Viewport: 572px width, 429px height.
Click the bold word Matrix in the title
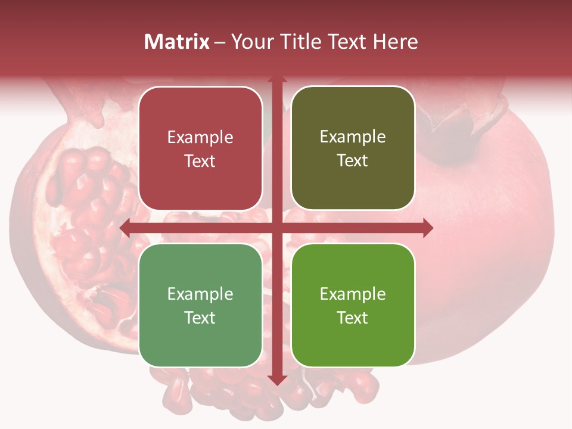click(177, 42)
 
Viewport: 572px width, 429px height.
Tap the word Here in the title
click(395, 42)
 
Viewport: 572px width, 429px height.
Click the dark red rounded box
click(200, 148)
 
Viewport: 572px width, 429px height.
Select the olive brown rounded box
click(353, 148)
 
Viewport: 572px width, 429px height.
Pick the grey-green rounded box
click(200, 305)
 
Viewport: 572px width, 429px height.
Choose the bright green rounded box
click(353, 305)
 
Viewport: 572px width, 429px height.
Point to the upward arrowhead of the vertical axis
click(276, 80)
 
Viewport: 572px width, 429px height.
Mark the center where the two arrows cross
click(276, 228)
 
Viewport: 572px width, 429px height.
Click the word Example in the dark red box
click(200, 138)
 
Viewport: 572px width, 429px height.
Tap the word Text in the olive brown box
click(353, 161)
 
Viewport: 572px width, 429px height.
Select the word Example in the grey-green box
click(200, 294)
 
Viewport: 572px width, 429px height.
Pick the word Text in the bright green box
click(353, 318)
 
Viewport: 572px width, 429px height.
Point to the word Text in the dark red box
click(200, 161)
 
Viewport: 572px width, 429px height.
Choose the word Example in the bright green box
click(353, 294)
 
